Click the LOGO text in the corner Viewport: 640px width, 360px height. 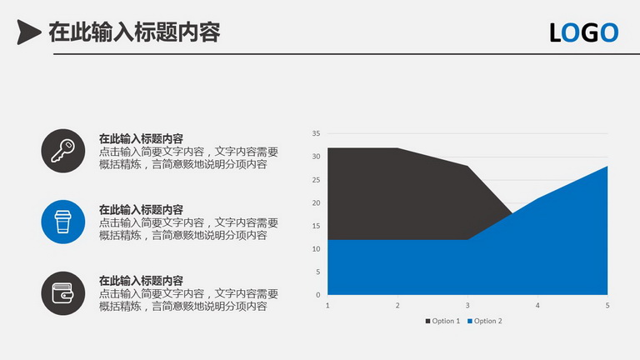pos(583,32)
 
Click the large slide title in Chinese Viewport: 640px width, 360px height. pos(134,32)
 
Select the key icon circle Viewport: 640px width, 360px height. pos(62,151)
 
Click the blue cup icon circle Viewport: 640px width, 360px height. pos(62,222)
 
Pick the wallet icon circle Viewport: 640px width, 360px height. pos(62,293)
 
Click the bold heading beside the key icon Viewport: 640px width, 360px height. pos(141,139)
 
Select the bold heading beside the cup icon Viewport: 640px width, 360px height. pos(141,210)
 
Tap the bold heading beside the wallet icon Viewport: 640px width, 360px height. pos(141,281)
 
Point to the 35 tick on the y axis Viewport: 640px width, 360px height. pos(316,133)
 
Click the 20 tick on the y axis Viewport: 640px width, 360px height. pos(316,202)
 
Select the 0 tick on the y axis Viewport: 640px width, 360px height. pos(318,295)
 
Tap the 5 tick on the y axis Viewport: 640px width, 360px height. pos(318,272)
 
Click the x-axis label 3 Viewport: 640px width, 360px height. pos(467,305)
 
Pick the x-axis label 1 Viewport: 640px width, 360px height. pos(327,305)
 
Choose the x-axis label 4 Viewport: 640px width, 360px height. pos(537,305)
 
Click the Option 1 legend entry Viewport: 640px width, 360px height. pos(442,321)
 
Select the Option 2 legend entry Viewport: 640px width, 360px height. pos(484,321)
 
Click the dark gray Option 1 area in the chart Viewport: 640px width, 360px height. pos(400,192)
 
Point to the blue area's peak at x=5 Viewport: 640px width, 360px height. pos(607,166)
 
